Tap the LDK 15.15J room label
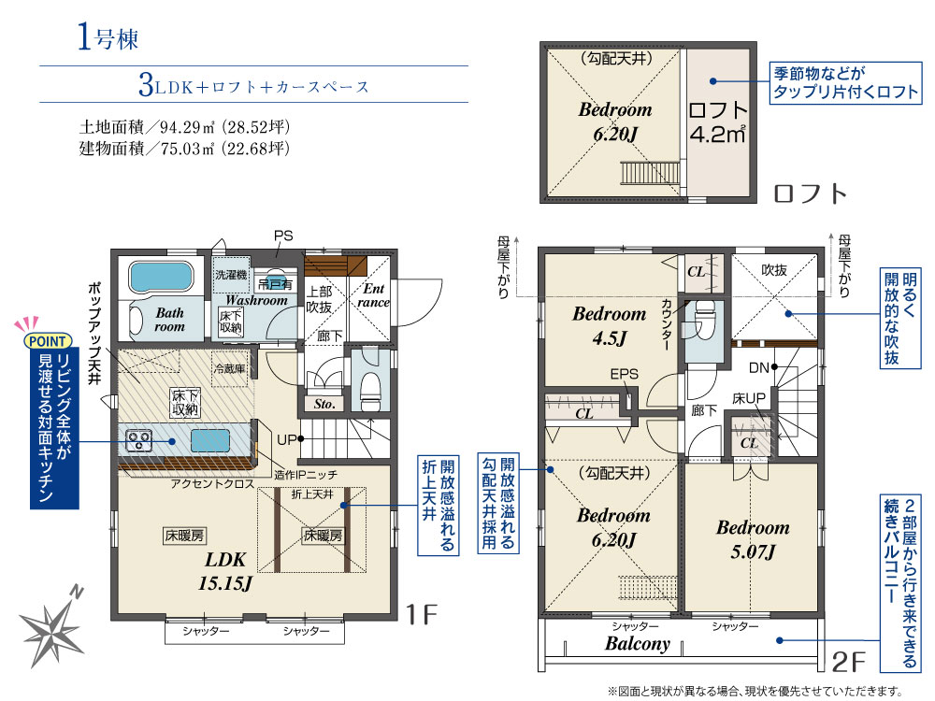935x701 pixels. click(225, 572)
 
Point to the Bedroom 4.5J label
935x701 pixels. click(609, 324)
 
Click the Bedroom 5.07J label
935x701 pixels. click(753, 539)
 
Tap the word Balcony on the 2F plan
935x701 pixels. click(637, 644)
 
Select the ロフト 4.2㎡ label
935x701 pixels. click(718, 122)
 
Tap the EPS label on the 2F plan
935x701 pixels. click(624, 375)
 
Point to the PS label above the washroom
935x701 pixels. click(282, 236)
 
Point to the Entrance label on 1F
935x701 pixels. click(374, 295)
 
